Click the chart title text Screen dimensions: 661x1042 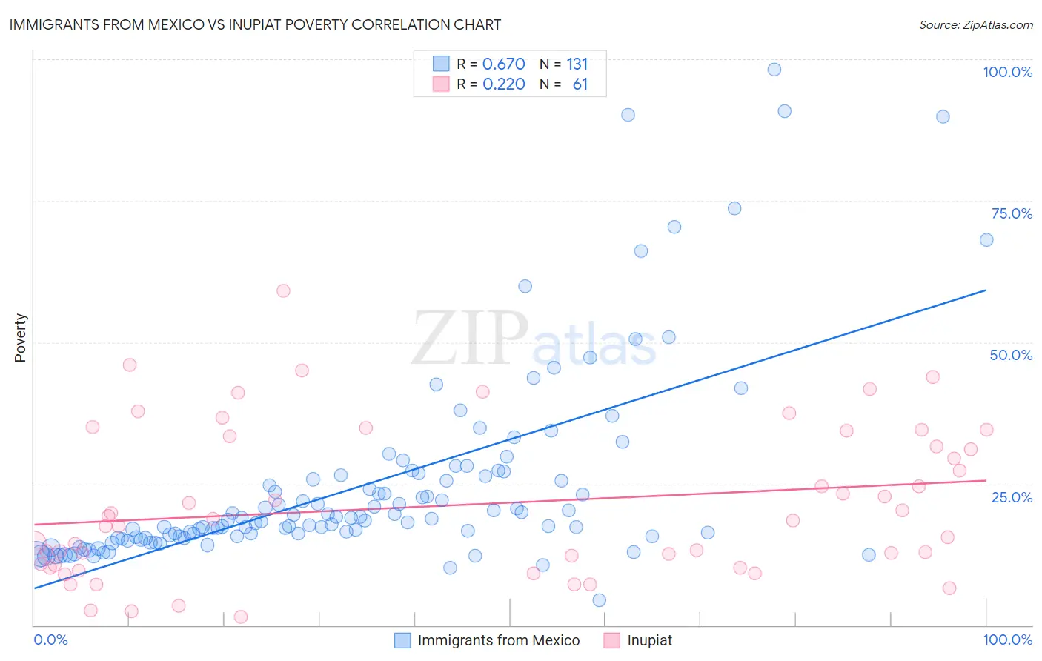[255, 24]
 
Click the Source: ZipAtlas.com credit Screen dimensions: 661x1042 [975, 24]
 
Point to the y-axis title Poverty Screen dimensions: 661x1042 [20, 338]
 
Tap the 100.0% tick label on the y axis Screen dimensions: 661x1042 [1007, 72]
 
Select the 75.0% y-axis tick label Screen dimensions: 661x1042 [1012, 213]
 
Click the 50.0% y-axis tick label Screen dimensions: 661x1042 [1011, 355]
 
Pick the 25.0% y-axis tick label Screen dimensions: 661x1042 [1012, 496]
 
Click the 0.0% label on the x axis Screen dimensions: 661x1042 [50, 640]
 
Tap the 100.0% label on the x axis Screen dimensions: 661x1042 [1007, 640]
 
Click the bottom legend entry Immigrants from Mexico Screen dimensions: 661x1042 [498, 640]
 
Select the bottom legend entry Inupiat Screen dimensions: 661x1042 [649, 640]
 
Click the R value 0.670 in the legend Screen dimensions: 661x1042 [503, 64]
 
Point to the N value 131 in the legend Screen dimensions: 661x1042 [577, 64]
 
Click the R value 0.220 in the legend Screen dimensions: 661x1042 [503, 84]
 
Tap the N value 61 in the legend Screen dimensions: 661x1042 [580, 84]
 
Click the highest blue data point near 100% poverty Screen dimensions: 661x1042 [774, 70]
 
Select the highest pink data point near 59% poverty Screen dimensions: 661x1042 [283, 290]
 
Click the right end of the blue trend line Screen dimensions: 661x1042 [986, 290]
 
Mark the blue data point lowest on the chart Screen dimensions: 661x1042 [599, 600]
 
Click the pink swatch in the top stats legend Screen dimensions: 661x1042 [441, 84]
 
